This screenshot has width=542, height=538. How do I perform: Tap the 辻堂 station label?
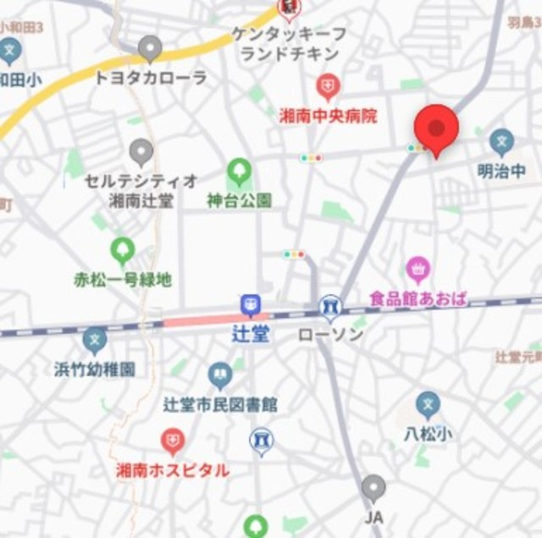(251, 333)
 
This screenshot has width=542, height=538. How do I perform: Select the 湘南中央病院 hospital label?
(328, 115)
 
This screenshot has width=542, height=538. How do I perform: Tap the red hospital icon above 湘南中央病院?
(328, 86)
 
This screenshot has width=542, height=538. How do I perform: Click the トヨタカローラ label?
(151, 78)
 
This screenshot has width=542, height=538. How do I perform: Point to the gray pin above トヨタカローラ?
(151, 49)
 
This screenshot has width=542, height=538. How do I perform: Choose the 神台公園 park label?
(240, 201)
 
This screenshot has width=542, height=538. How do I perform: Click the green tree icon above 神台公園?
(240, 173)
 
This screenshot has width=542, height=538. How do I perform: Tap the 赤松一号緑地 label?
(124, 278)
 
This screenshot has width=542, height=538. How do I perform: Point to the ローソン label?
(330, 334)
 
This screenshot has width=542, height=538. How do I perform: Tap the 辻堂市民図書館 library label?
(221, 404)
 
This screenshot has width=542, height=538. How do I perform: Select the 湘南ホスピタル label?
(172, 469)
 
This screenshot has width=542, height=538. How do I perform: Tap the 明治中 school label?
(501, 171)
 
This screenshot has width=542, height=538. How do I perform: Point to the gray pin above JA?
(373, 488)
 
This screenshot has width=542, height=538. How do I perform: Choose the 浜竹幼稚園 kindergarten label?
(95, 369)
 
